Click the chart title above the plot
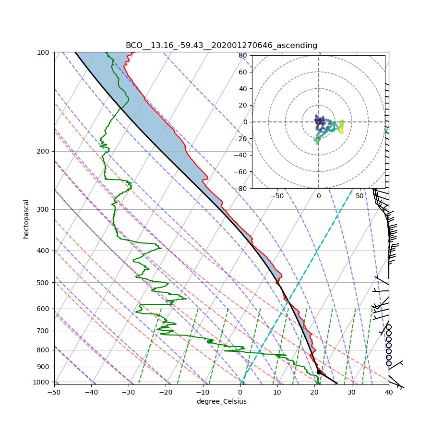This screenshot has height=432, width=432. click(x=221, y=46)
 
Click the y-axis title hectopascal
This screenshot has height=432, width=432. click(x=26, y=218)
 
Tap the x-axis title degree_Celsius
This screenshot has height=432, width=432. click(x=221, y=401)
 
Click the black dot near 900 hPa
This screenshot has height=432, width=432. click(x=319, y=372)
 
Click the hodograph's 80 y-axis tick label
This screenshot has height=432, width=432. click(x=243, y=55)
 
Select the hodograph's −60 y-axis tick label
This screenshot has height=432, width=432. click(x=241, y=172)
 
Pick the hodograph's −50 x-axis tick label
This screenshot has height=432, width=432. click(x=277, y=196)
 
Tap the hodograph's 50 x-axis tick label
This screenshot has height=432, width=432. click(x=360, y=196)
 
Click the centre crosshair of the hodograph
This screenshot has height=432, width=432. click(x=318, y=122)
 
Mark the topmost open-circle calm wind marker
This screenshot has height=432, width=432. click(x=389, y=327)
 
